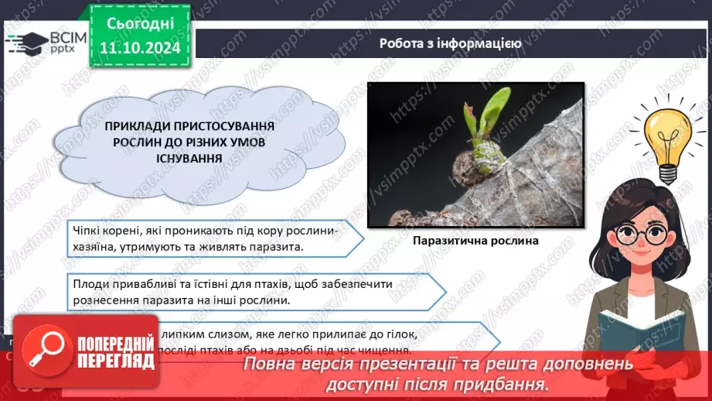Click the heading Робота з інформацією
pyautogui.click(x=450, y=43)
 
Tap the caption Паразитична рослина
pyautogui.click(x=475, y=241)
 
